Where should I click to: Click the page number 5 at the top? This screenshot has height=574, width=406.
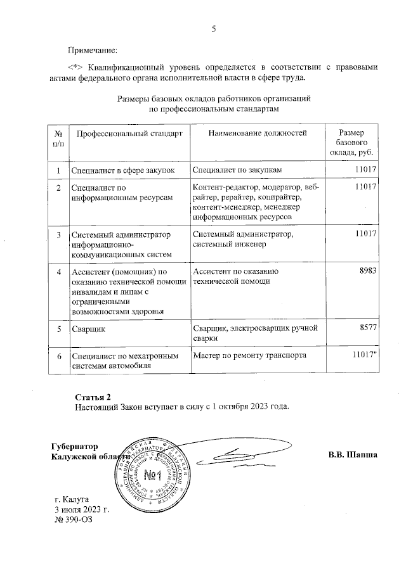[x=214, y=29]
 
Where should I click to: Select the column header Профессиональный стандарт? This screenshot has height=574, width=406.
[x=129, y=133]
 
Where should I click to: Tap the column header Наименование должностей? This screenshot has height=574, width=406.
[x=257, y=133]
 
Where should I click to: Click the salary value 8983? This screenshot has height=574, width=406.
[x=368, y=271]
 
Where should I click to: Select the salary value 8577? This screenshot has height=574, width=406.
[x=368, y=328]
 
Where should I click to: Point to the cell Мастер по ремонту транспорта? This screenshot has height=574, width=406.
[x=249, y=356]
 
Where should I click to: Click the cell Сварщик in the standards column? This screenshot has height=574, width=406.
[x=89, y=329]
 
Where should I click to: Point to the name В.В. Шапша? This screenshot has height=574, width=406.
[x=353, y=455]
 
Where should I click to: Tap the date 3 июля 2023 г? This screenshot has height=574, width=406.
[x=82, y=509]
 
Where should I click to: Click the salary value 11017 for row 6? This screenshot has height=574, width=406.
[x=365, y=356]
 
